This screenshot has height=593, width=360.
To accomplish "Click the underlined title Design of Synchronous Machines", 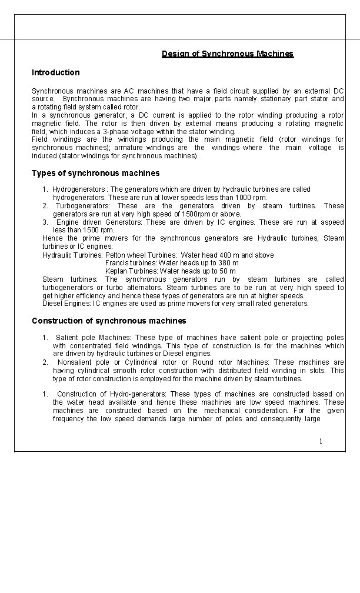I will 228,54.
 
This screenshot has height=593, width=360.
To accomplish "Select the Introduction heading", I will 56,72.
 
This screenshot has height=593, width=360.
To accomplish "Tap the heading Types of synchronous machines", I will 95,173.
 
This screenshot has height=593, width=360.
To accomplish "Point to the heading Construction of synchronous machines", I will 109,321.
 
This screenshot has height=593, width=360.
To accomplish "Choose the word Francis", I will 117,263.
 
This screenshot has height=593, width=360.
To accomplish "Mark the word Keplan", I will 117,271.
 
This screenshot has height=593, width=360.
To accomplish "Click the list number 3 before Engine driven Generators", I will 45,222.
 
